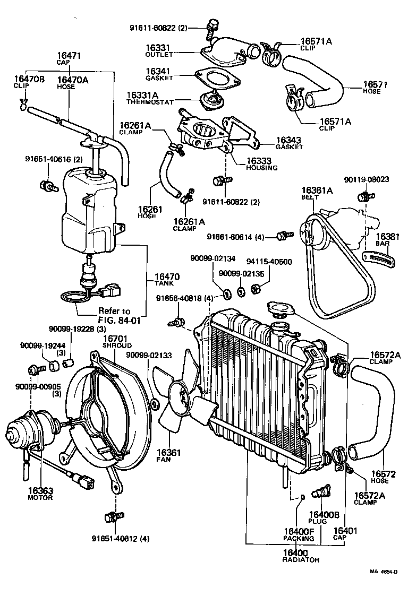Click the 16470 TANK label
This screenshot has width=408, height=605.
(x=166, y=280)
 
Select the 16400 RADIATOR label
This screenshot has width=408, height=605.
(x=301, y=555)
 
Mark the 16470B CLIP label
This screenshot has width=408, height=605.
(x=21, y=83)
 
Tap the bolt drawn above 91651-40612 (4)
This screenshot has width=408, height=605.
(x=114, y=516)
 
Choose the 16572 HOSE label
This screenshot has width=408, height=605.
(x=380, y=477)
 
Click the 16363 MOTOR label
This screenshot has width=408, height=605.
(x=40, y=494)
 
